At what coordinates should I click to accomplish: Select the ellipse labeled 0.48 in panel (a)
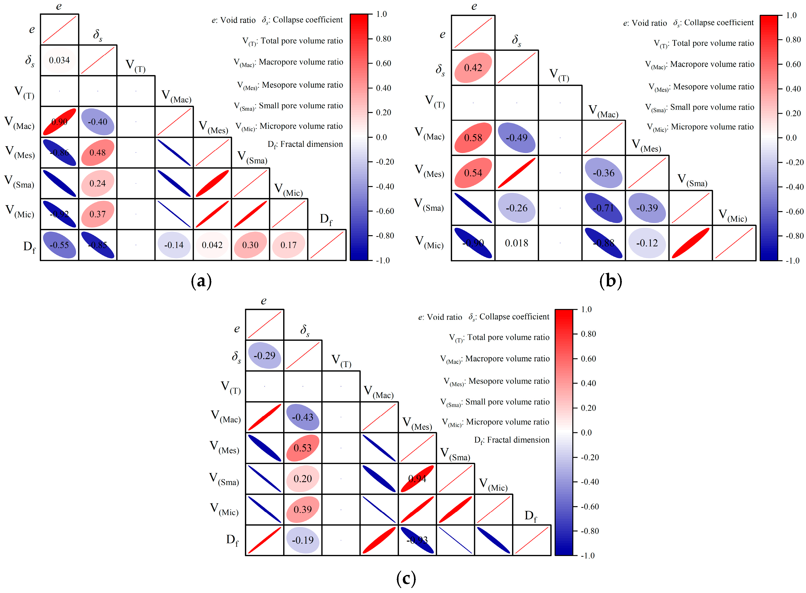tap(98, 153)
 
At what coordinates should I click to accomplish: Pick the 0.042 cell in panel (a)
tap(212, 245)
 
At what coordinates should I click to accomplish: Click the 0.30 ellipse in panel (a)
tap(250, 245)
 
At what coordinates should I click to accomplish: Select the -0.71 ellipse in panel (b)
tap(604, 208)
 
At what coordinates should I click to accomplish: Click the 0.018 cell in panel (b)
tap(516, 243)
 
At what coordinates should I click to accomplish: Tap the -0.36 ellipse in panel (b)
tap(604, 173)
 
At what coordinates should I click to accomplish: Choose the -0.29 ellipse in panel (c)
tap(265, 355)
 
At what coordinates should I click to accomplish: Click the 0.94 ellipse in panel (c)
tap(417, 479)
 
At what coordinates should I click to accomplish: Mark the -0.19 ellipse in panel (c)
tap(303, 540)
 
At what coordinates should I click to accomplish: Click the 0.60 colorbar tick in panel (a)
tap(383, 63)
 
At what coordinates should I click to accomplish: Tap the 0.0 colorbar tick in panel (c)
tap(586, 432)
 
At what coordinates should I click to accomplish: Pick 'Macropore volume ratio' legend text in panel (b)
tap(712, 64)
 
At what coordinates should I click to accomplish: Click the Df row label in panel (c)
tap(232, 540)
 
